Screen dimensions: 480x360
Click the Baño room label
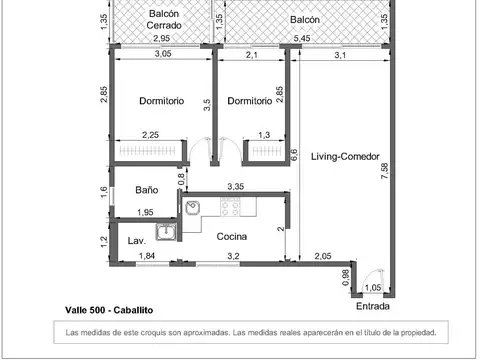coord(147,190)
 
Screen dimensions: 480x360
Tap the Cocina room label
coord(232,236)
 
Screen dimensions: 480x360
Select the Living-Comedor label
coord(345,156)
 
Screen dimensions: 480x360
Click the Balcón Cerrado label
coord(164,19)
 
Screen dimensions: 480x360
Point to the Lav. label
coord(137,240)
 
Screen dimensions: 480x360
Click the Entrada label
coord(373,306)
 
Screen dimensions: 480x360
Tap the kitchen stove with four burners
coord(230,207)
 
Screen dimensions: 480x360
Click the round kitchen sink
coord(192,208)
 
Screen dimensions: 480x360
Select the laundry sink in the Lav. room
coord(166,232)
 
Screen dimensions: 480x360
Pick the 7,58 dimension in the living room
coord(384,171)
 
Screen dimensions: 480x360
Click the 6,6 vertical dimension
coord(294,155)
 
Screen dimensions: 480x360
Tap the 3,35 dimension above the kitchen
coord(236,186)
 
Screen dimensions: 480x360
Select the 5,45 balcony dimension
coord(302,38)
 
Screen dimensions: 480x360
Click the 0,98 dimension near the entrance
coord(346,277)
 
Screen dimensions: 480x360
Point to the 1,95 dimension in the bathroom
coord(145,212)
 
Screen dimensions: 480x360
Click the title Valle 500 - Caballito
coord(109,310)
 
